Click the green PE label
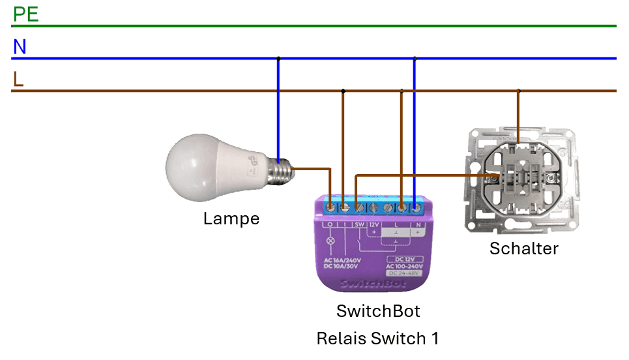point(26,14)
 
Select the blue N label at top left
point(20,47)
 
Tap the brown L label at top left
point(18,79)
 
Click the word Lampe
point(231,218)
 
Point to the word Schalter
point(524,248)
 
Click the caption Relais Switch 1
point(377,338)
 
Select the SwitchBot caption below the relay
point(378,311)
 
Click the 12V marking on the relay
point(373,225)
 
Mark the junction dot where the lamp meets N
point(278,59)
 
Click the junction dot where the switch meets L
point(518,91)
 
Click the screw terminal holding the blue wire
point(415,207)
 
